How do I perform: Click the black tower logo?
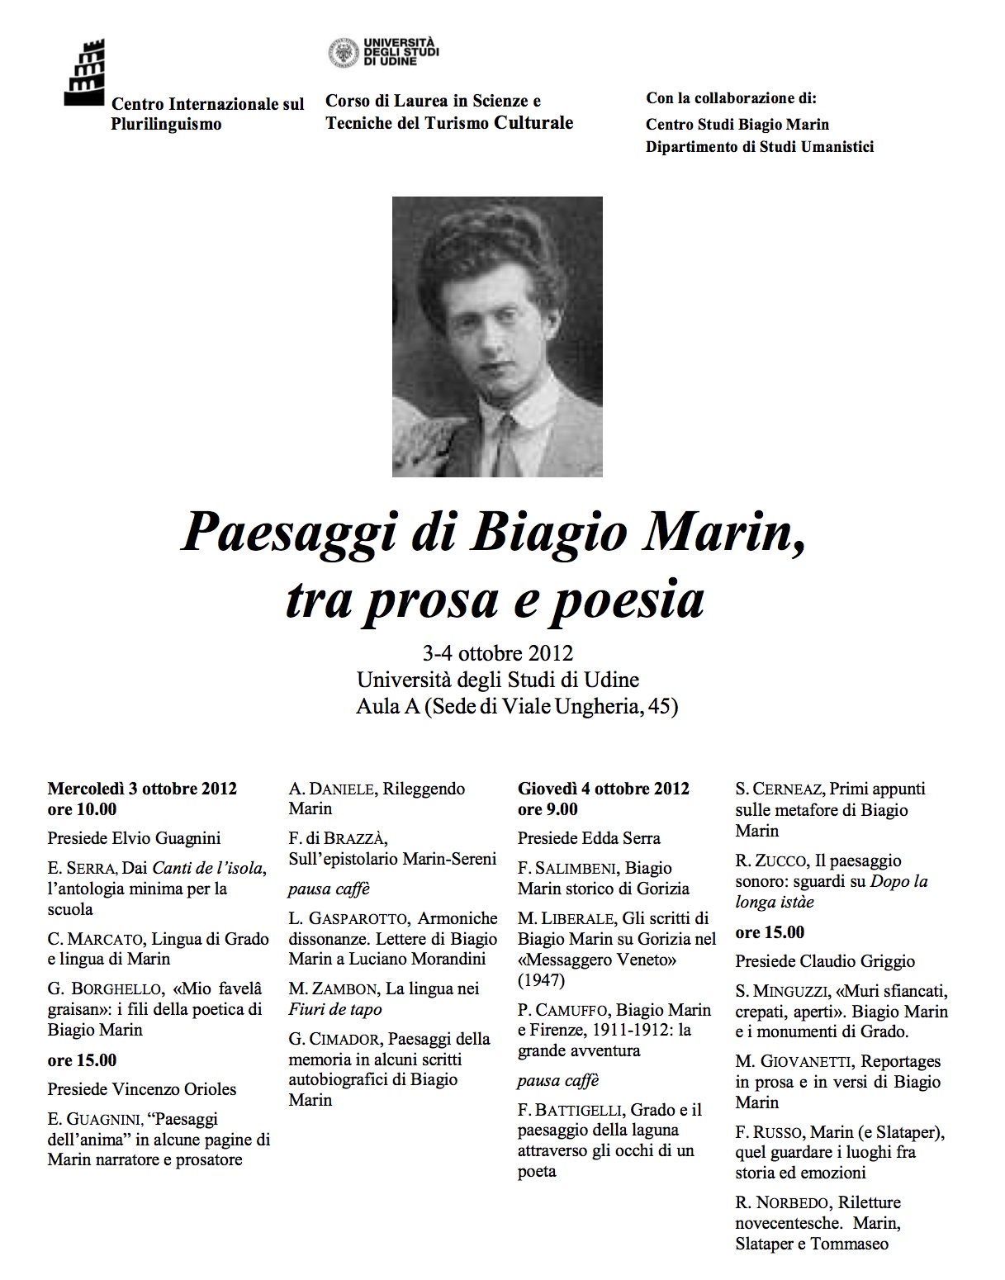coord(83,70)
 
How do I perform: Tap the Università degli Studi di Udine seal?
coord(343,52)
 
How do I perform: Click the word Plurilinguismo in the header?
coord(166,125)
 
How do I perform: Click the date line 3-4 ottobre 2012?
coord(497,653)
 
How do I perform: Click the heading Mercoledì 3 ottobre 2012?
coord(142,789)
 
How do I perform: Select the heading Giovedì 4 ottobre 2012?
coord(603,789)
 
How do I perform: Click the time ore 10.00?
coord(82,809)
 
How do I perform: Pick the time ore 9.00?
coord(548,809)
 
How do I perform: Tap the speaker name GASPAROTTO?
coord(358,918)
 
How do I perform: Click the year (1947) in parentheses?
coord(541,980)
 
